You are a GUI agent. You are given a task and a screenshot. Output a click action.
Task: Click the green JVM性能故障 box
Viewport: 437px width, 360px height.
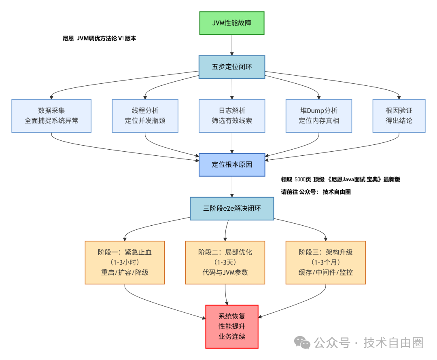click(x=232, y=23)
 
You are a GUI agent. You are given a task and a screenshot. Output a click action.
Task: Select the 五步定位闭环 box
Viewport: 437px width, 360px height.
click(x=232, y=67)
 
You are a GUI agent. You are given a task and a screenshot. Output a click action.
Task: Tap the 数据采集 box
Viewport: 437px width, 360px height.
click(x=51, y=116)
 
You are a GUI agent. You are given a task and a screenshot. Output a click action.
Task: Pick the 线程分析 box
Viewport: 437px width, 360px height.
click(x=145, y=116)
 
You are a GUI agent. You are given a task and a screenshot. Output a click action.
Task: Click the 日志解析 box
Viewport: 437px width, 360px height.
click(x=232, y=116)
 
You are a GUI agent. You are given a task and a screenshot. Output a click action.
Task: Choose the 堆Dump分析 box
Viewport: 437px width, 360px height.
click(x=319, y=116)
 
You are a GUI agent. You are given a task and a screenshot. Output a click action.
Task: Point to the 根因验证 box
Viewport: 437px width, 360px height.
click(x=399, y=116)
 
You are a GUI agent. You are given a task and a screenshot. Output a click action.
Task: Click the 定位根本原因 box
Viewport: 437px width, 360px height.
click(x=232, y=165)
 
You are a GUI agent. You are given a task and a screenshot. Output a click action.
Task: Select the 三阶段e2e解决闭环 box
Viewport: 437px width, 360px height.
click(x=232, y=209)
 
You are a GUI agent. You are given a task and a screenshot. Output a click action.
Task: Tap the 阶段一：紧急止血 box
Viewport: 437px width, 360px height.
click(x=125, y=263)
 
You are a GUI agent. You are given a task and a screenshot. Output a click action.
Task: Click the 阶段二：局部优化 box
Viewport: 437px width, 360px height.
click(x=225, y=263)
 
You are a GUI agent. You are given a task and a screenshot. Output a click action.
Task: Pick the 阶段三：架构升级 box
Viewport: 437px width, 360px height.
click(x=326, y=263)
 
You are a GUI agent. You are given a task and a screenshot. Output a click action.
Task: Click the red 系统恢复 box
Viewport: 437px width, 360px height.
click(x=232, y=326)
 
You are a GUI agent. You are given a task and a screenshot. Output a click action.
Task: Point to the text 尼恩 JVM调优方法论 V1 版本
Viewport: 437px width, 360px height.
click(x=100, y=39)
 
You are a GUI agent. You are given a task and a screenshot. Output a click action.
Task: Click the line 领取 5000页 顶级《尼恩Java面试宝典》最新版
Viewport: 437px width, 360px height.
click(x=340, y=180)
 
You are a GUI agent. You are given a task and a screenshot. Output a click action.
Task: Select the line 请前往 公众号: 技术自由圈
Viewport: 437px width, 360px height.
click(x=316, y=192)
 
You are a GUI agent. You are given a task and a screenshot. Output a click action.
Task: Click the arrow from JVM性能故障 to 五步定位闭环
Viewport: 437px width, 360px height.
click(x=232, y=45)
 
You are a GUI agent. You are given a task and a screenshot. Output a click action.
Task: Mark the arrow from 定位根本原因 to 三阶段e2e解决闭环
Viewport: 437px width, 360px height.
click(x=232, y=187)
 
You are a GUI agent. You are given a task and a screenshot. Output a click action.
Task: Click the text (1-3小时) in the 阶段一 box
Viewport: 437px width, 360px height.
click(x=125, y=263)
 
